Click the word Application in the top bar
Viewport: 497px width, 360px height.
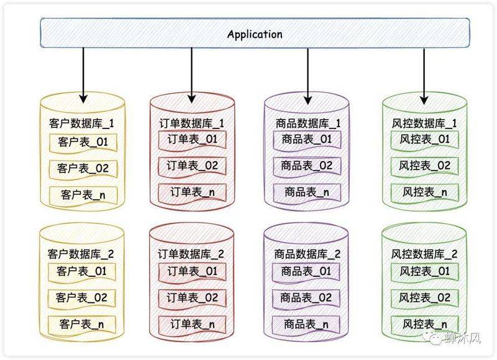[255, 34]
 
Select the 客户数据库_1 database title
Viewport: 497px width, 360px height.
[81, 124]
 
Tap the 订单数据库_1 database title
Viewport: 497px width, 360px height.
[188, 123]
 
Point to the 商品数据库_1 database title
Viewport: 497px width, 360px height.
[308, 123]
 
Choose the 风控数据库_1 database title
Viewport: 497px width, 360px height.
[425, 123]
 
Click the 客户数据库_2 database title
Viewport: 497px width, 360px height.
[81, 254]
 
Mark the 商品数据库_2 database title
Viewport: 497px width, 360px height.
[308, 254]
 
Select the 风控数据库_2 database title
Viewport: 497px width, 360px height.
[425, 254]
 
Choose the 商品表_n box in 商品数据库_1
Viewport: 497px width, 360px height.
[307, 192]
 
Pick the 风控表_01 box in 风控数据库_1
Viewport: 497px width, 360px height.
[425, 140]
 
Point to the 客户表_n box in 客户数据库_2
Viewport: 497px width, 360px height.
[83, 323]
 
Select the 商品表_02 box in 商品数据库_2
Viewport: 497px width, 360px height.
[307, 297]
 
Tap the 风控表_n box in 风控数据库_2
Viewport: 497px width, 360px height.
[425, 323]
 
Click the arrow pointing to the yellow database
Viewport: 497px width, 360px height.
[83, 74]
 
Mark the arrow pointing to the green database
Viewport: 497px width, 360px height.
[424, 74]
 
